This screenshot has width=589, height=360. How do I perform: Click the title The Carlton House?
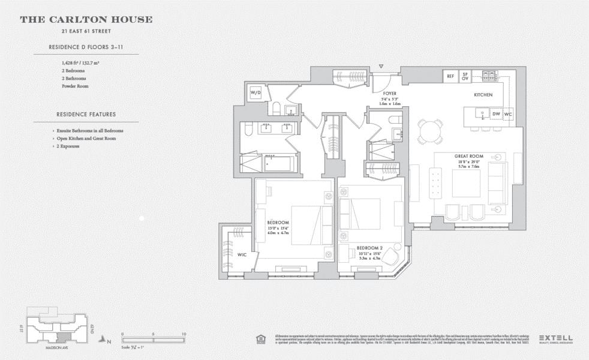point(86,20)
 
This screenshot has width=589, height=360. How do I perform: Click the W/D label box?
point(256,93)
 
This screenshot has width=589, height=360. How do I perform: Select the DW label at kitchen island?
point(496,113)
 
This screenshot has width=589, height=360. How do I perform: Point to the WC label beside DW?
point(508,113)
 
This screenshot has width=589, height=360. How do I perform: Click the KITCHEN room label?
point(483,95)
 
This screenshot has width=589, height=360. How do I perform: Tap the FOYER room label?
point(390,94)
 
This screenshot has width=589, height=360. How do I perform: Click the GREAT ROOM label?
point(468,156)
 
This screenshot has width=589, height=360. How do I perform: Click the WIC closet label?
point(242,255)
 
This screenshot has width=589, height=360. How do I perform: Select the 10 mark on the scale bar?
point(184,334)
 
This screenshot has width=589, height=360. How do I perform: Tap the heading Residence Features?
point(86,114)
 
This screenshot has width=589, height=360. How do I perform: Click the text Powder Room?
point(75,86)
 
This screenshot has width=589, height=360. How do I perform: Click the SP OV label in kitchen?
point(465,76)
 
